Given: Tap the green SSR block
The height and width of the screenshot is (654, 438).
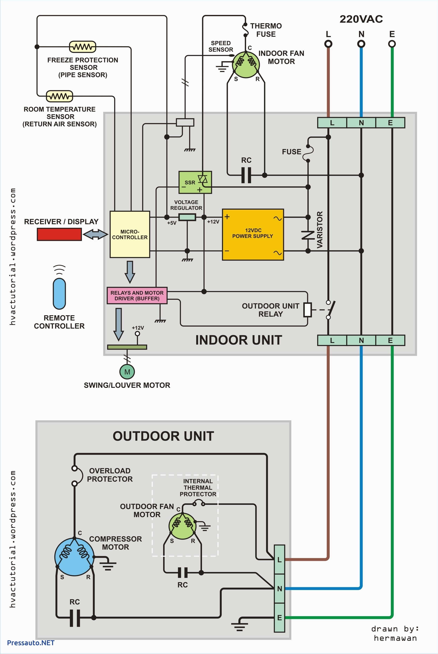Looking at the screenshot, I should pos(195,182).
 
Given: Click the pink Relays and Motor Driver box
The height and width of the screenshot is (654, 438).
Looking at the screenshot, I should pos(137,295).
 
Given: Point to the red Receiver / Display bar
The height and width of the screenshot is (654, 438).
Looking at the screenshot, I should pos(59,234).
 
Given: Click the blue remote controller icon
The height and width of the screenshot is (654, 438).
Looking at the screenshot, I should pos(59,293).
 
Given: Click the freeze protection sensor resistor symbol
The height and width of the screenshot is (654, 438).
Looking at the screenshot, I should pos(82,47).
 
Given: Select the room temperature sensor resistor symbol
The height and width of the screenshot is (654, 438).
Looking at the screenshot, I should pos(59,96).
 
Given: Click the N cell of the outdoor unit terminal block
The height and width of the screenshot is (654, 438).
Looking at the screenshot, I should pos(279,588).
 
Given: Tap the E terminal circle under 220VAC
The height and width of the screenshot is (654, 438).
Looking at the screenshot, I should pos(392,44).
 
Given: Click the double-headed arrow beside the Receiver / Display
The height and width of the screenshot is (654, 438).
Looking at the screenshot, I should pos(96,234).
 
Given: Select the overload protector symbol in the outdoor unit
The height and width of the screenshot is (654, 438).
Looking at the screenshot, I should pos(77,475).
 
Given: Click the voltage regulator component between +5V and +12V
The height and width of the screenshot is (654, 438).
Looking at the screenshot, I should pos(187,217).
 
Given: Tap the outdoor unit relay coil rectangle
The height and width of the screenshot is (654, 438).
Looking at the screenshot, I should pos(308,310).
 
